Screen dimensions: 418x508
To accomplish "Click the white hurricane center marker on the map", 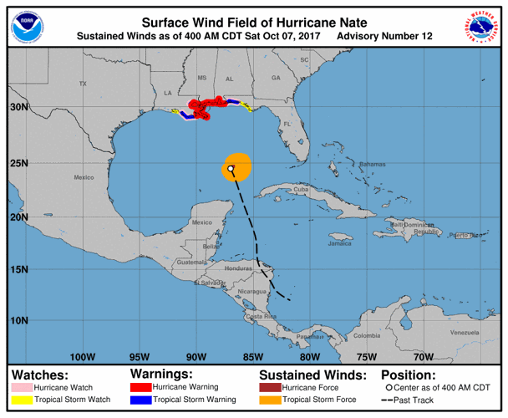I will click(231, 168).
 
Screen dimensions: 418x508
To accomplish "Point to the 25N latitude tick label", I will click(19, 162).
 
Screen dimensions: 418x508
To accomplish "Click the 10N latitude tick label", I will click(19, 320).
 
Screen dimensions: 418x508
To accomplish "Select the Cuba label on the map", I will click(302, 190).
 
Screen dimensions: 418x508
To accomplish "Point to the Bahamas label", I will click(370, 165).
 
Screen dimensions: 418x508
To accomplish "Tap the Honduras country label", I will click(238, 268).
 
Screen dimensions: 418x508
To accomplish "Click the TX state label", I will click(82, 84).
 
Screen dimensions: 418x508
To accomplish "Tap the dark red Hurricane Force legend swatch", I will click(270, 388).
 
